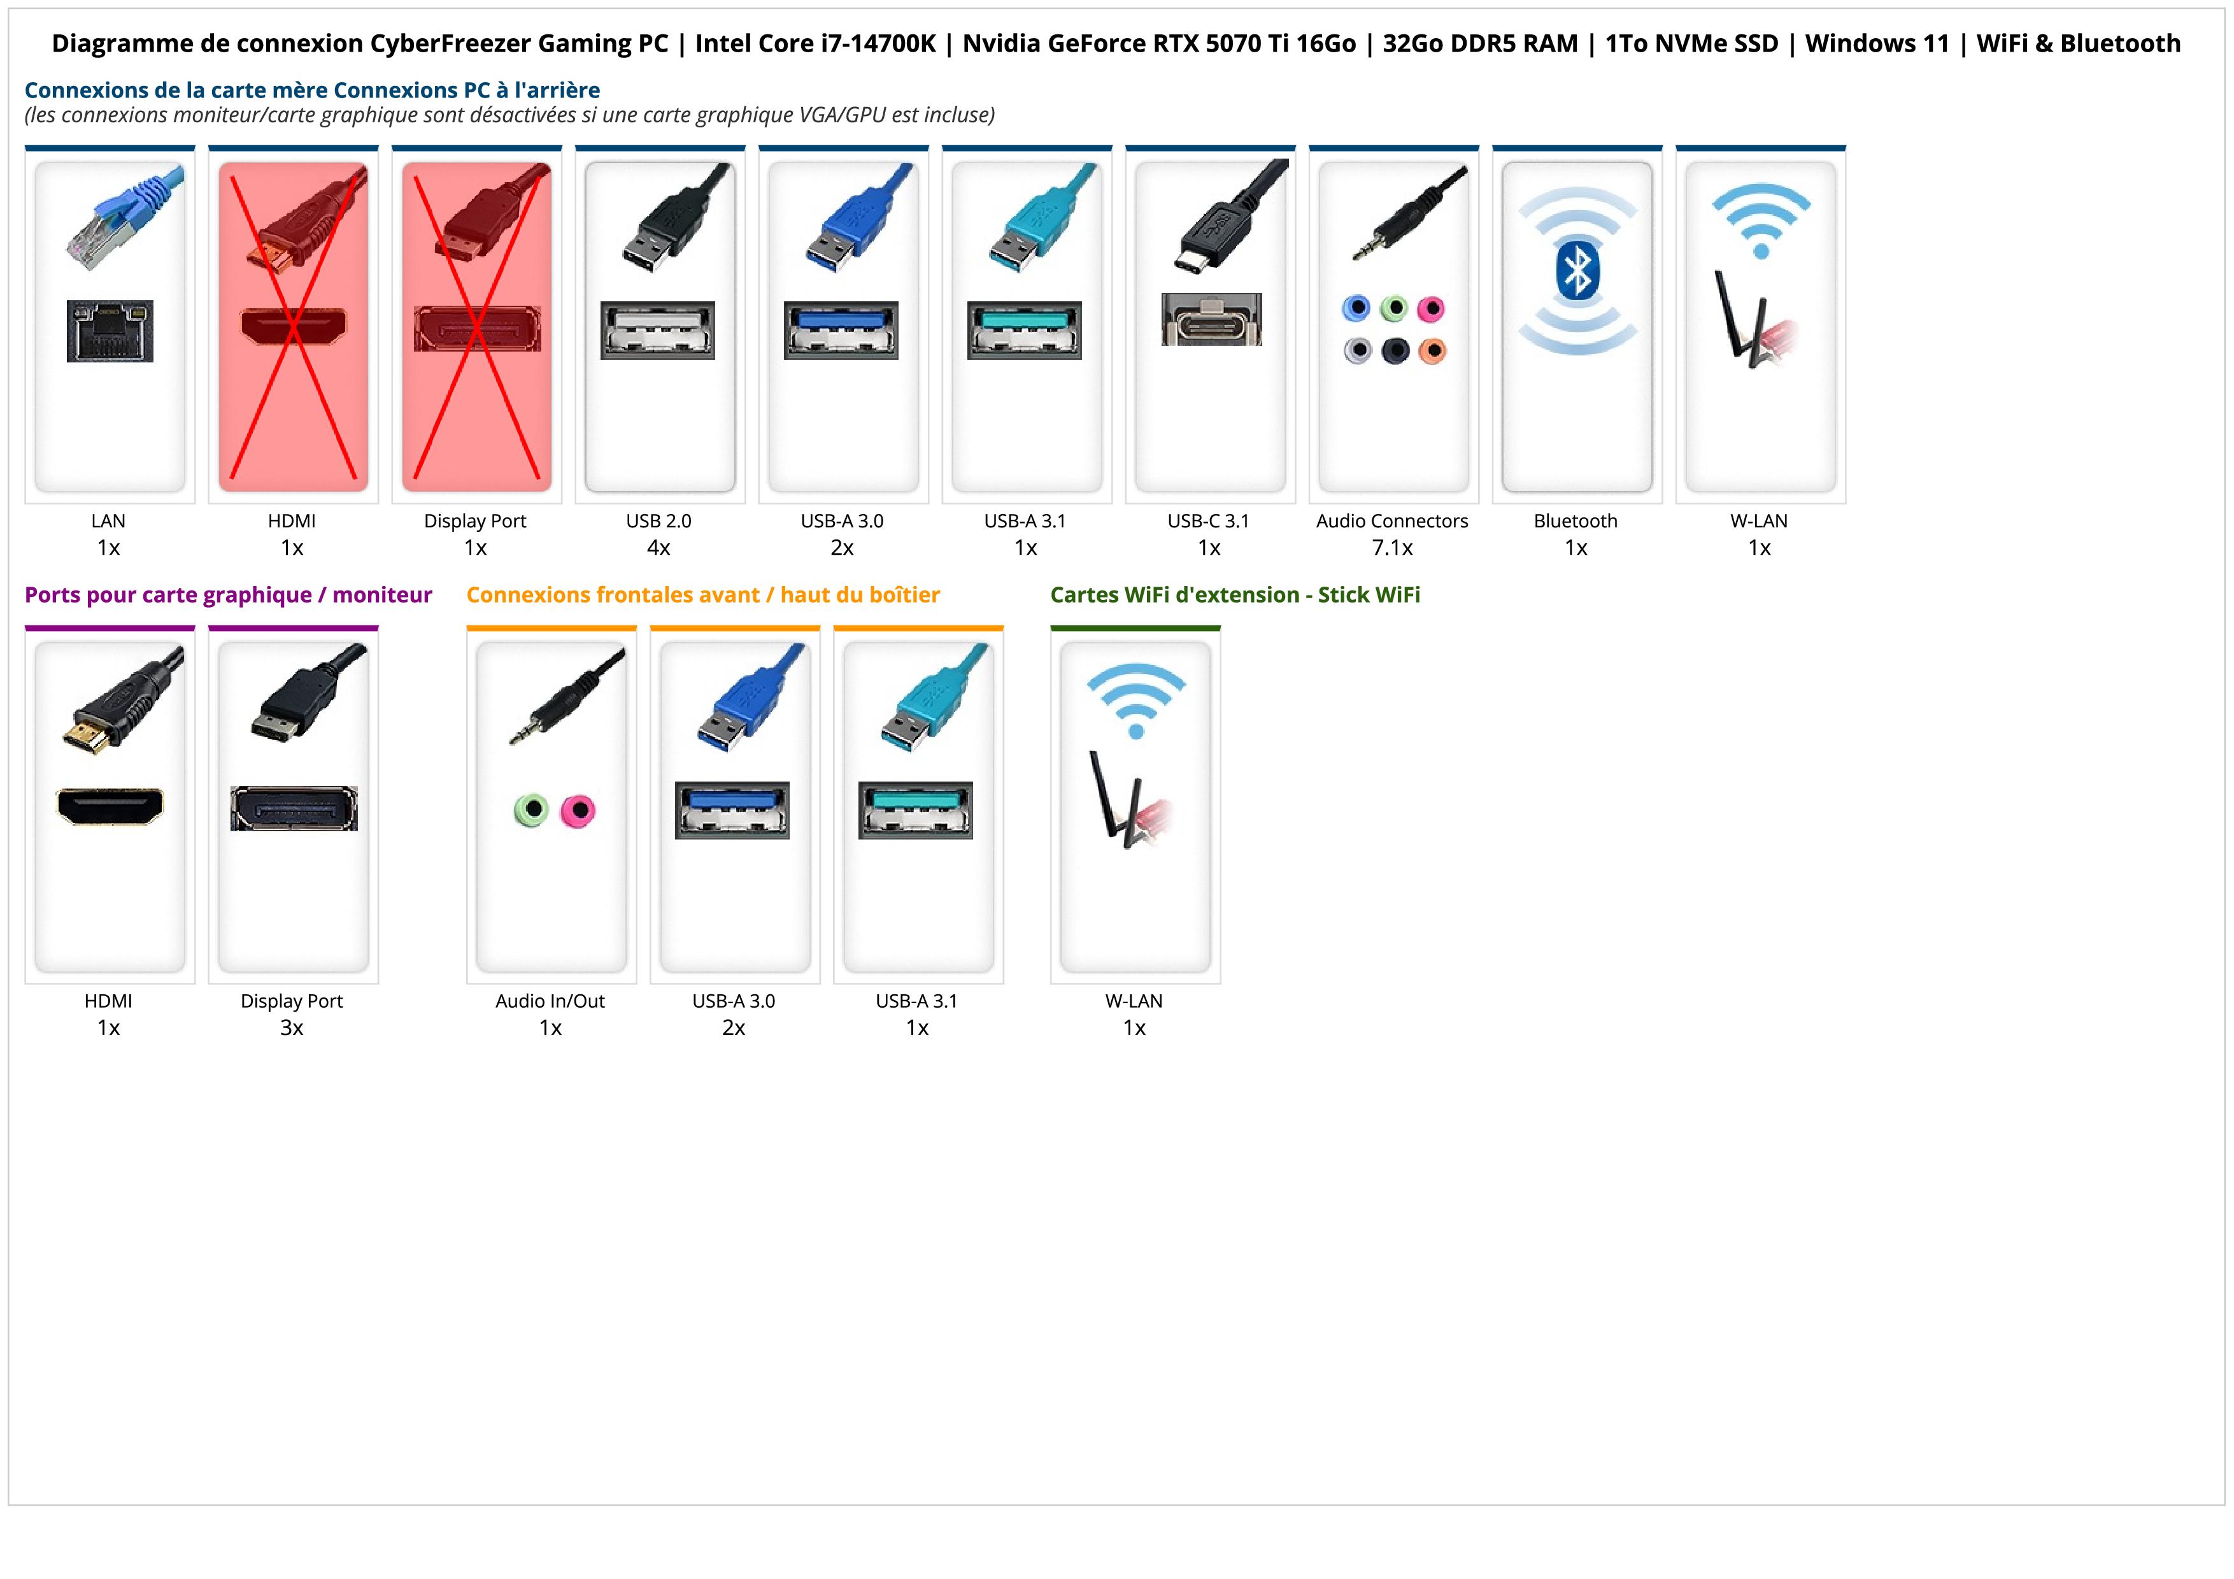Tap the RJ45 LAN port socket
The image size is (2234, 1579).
(110, 331)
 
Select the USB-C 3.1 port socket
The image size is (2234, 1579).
(1211, 319)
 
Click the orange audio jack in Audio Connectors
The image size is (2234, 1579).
(1432, 350)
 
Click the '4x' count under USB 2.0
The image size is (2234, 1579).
(658, 548)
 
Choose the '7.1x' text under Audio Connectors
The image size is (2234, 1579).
(1392, 548)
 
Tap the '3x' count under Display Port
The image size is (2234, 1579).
(292, 1027)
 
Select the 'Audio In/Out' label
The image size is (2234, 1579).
(550, 1001)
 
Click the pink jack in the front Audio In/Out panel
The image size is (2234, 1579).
(579, 810)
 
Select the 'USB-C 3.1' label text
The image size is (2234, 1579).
(1209, 522)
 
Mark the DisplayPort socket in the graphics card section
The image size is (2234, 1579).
(294, 808)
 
